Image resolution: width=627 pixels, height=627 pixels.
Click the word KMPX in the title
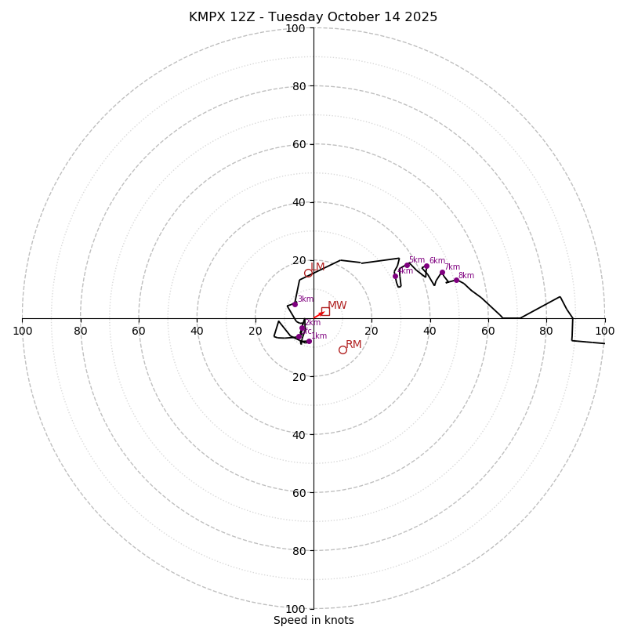[208, 17]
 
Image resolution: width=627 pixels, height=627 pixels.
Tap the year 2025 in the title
[421, 17]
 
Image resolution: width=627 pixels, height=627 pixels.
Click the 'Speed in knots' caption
[313, 620]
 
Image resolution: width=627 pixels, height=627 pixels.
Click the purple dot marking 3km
[295, 304]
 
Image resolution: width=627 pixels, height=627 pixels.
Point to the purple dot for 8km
[456, 280]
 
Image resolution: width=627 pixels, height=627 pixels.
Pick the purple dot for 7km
[442, 273]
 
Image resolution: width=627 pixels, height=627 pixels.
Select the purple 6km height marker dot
[426, 266]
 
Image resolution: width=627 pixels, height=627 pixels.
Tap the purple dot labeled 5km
[407, 265]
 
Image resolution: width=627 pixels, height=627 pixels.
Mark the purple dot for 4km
[395, 276]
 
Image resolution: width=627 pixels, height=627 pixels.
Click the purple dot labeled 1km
[309, 341]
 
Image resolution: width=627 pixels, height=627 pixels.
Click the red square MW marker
[325, 311]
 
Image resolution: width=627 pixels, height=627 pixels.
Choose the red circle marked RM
[342, 350]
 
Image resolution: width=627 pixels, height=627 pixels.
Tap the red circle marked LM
[308, 274]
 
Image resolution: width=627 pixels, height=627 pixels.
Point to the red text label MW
[337, 306]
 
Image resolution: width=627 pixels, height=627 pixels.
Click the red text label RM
[353, 345]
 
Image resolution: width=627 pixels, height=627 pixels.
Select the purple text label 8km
[466, 276]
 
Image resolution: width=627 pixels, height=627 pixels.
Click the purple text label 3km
[305, 299]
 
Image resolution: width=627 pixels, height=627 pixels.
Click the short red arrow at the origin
[318, 315]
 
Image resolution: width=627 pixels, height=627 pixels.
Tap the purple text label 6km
[437, 261]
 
